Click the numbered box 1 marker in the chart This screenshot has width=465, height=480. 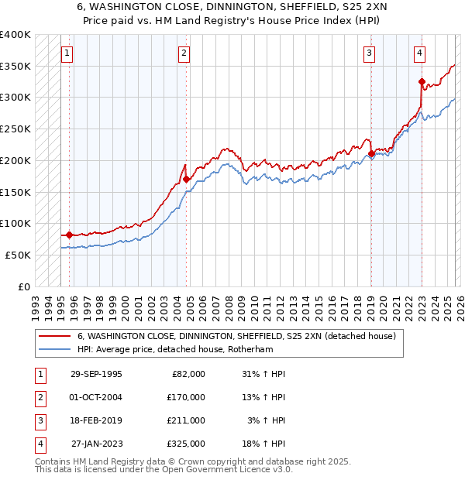coord(67,53)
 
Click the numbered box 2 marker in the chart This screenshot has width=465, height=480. coord(184,53)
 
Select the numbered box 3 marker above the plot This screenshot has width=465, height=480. coord(369,53)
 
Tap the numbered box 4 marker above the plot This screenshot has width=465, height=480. coord(419,53)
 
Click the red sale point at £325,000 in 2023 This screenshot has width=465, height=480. coord(422,81)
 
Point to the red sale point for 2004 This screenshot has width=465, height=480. coord(186,179)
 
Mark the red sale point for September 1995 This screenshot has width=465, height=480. coord(69,235)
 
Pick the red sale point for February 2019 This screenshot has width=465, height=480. coord(371,153)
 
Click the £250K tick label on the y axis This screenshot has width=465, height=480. coord(15,129)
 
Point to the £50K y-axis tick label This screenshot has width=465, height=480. coord(17,255)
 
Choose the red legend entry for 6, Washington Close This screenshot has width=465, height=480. coord(236,336)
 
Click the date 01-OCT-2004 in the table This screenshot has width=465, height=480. coord(96,397)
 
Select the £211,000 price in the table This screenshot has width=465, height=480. coord(186,420)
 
